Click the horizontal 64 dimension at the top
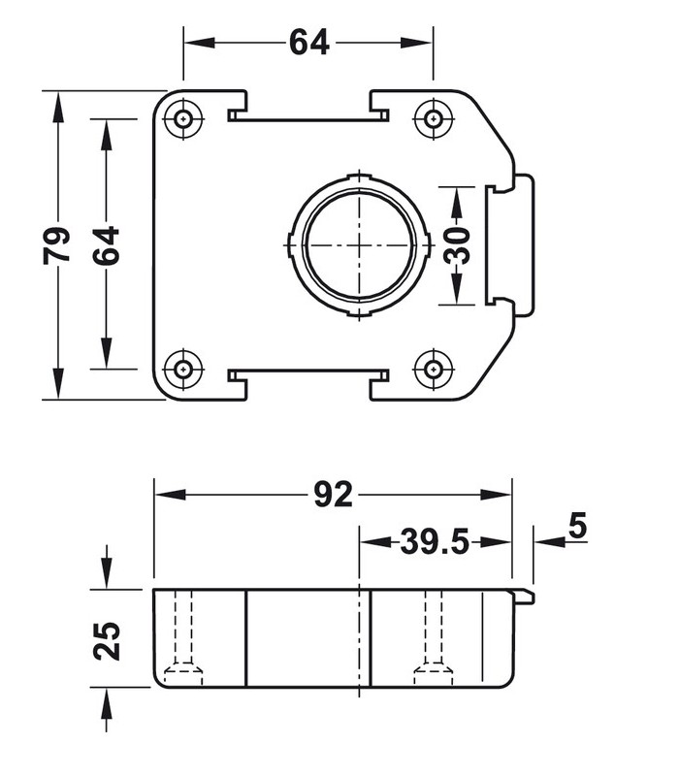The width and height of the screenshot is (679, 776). tap(308, 43)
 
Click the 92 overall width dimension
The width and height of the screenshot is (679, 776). tap(333, 495)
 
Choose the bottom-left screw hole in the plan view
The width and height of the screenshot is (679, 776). tap(182, 369)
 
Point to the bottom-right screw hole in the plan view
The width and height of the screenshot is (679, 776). tap(433, 369)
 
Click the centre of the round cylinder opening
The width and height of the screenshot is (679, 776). tap(359, 243)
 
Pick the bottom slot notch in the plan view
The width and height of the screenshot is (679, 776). tap(308, 373)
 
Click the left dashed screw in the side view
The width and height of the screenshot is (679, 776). tap(182, 640)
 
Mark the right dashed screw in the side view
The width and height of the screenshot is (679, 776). tap(433, 640)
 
